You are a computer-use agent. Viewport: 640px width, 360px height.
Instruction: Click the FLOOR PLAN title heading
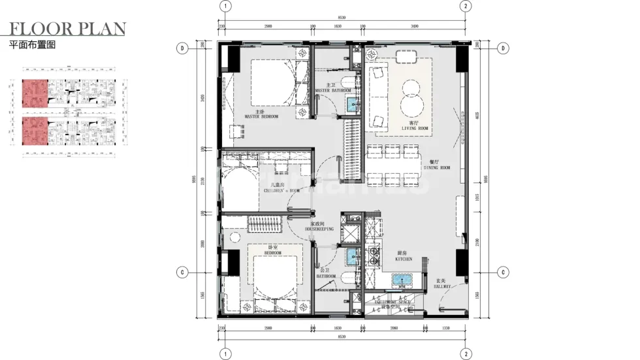click(67, 29)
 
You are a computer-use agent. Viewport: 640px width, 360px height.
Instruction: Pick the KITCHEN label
click(404, 256)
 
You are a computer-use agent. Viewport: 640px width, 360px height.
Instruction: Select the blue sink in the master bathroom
click(353, 103)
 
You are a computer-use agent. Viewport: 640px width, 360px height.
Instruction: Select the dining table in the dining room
click(393, 164)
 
